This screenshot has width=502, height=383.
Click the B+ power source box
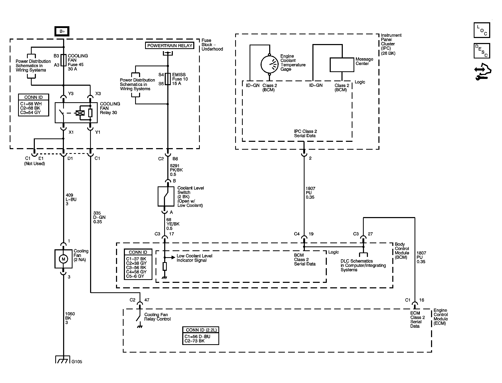[x=62, y=31]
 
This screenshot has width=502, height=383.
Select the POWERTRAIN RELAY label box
[x=170, y=46]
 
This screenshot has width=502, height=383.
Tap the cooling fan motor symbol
[x=63, y=259]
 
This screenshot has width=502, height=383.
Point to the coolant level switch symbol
[x=166, y=196]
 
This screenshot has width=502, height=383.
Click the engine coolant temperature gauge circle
[x=269, y=64]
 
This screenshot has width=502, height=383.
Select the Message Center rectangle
[x=342, y=65]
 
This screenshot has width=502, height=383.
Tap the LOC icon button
[x=482, y=30]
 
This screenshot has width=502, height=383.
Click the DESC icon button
[x=482, y=51]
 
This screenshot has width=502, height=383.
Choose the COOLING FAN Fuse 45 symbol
[x=63, y=60]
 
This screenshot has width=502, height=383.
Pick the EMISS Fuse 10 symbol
[x=168, y=79]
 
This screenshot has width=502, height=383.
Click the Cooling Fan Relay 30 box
[x=76, y=113]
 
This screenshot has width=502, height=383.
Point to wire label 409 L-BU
[x=71, y=199]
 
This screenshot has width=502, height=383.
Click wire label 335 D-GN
[x=99, y=217]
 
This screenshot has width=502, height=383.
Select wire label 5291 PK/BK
[x=176, y=170]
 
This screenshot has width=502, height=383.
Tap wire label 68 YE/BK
[x=173, y=224]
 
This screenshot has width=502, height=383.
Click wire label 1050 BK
[x=70, y=318]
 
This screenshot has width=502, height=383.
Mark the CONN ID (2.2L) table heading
[x=201, y=330]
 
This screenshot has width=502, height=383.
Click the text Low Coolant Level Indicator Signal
[x=194, y=258]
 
